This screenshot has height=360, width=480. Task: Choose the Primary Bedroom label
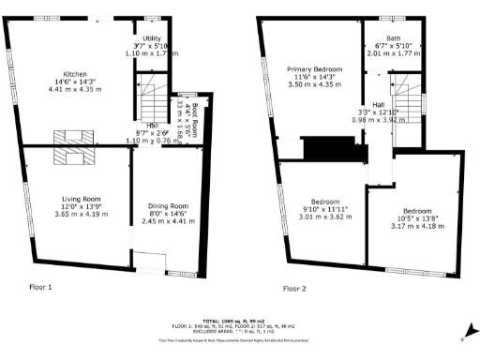tap(314, 71)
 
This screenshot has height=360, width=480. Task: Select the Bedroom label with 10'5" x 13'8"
tap(416, 211)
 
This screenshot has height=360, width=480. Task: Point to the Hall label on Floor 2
tap(378, 105)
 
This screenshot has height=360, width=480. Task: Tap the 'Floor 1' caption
tap(40, 286)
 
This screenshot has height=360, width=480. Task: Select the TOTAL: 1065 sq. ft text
tap(239, 320)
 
